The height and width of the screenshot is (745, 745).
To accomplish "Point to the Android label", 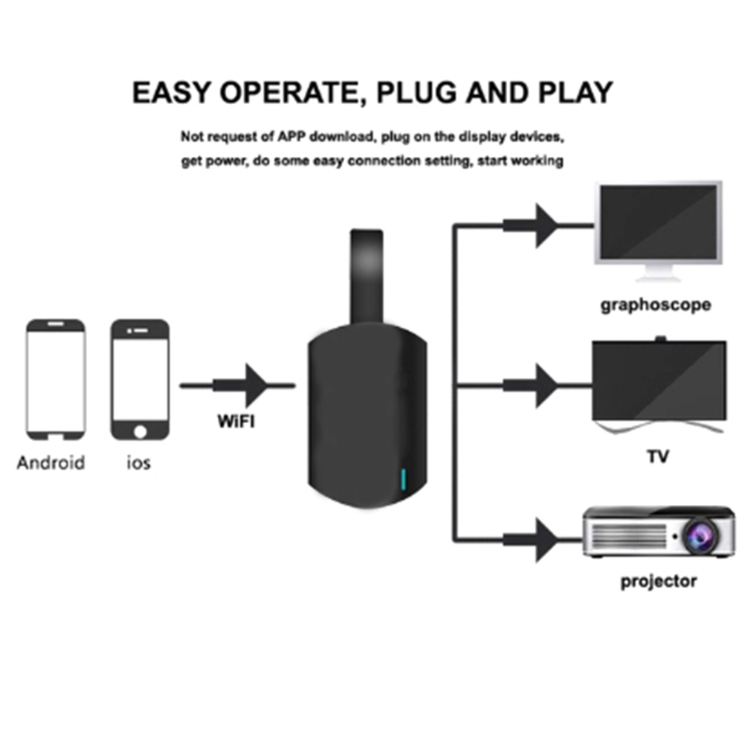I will (51, 462).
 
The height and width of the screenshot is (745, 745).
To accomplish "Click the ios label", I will (138, 462).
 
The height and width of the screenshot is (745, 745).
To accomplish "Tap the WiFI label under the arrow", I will (236, 422).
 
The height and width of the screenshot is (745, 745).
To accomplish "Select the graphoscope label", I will (655, 304).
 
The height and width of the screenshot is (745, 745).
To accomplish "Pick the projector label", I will (659, 581).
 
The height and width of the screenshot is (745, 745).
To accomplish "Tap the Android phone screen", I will (56, 379).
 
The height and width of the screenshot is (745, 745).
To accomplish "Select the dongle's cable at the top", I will (367, 275).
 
